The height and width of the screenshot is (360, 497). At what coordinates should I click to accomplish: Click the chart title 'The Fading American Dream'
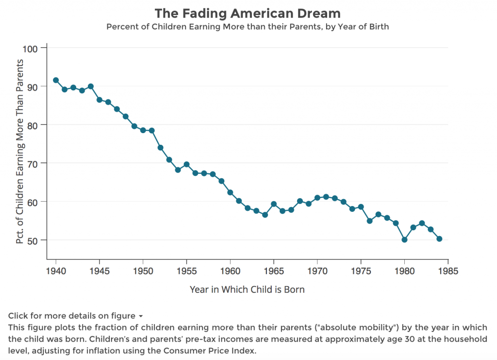coord(248,13)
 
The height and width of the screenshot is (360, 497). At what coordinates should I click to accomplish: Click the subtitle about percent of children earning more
coord(248,27)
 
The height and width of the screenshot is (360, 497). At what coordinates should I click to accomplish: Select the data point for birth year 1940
coord(56,80)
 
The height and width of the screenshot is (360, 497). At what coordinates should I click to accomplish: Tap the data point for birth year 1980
coord(404,240)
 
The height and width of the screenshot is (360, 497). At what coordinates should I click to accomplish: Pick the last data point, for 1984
coord(439,239)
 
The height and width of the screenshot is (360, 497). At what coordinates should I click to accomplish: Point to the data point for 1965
coord(274,204)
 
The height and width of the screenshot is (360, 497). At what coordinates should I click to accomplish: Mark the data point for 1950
coord(143,130)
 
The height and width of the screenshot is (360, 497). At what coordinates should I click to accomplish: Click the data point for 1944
coord(91,86)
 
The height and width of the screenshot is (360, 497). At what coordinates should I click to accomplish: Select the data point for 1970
coord(317,198)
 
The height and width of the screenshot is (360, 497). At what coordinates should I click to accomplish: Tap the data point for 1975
coord(361,207)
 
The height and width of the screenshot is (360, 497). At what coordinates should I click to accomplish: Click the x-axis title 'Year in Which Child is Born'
coord(247,290)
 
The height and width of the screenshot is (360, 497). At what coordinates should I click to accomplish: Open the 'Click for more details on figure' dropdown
coord(75,316)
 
